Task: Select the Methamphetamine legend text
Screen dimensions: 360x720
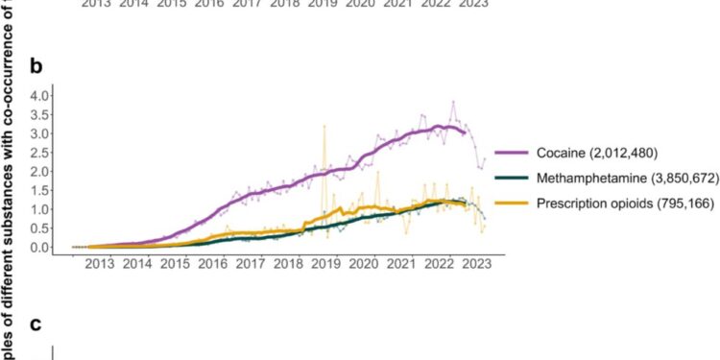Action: [x=588, y=178]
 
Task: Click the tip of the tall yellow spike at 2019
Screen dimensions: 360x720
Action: [x=324, y=125]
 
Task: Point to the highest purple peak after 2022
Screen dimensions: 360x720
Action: [x=453, y=102]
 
